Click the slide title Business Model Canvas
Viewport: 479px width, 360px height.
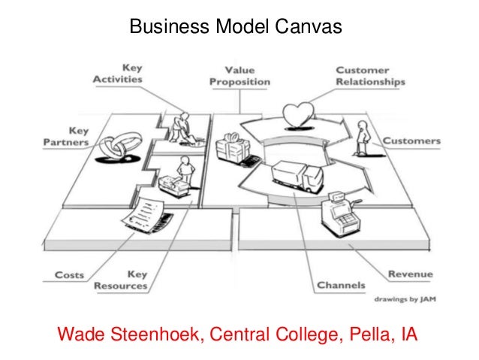click(236, 28)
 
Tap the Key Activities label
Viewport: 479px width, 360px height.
click(118, 73)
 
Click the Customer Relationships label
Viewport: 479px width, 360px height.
click(369, 76)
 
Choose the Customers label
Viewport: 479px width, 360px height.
click(411, 141)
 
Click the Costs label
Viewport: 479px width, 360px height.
click(69, 275)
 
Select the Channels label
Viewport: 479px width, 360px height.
click(341, 286)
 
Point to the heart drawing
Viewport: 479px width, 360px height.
click(298, 116)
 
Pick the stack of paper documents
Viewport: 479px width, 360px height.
click(147, 213)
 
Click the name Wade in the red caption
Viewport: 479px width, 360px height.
click(80, 334)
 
